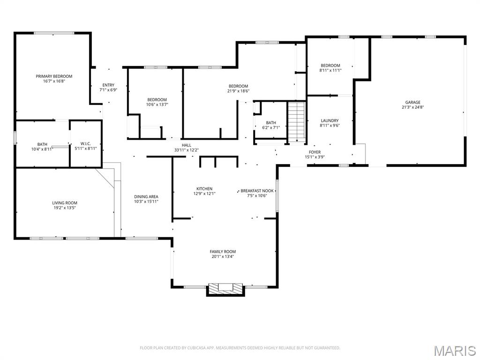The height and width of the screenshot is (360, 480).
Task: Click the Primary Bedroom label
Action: point(54,76)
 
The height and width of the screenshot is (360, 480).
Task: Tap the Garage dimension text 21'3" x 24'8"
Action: point(412,107)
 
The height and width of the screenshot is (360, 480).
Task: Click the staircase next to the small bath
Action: point(296,122)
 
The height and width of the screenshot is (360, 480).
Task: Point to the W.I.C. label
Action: point(85,143)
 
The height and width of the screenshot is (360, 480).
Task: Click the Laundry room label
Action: point(330,120)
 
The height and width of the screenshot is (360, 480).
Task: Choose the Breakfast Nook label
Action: point(257,191)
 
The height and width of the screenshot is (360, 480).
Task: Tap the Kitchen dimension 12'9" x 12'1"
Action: point(204,194)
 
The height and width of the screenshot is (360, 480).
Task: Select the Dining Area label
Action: point(146,197)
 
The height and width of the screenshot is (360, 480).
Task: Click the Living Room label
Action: point(65,203)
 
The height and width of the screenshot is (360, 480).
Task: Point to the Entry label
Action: point(108,85)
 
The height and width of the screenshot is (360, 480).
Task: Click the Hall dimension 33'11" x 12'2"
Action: point(187,150)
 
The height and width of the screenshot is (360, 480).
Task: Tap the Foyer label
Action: point(315,152)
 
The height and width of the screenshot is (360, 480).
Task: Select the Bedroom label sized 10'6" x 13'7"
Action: point(157,99)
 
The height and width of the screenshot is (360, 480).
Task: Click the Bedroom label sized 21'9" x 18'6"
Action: point(238,86)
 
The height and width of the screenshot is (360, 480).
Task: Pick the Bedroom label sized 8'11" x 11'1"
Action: point(330,66)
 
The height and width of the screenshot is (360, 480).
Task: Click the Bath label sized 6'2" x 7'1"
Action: point(271,122)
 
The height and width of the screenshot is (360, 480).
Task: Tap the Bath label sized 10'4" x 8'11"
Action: point(42,144)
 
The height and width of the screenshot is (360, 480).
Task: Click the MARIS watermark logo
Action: point(455,350)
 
